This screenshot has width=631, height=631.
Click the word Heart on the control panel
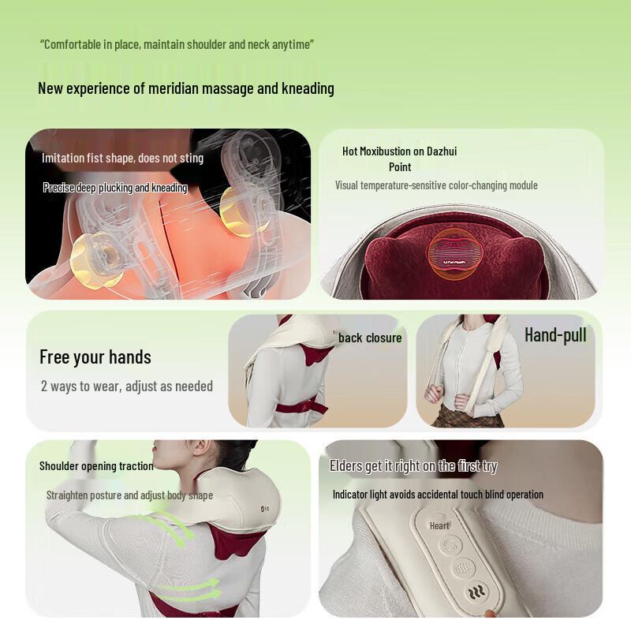coord(439,525)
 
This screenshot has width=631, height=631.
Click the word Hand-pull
coord(555,335)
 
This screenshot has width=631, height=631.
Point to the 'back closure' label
coord(370,338)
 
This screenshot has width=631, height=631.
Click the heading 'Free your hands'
coord(95,357)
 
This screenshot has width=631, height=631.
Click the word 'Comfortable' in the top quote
coord(72,43)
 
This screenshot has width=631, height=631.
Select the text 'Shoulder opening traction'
coord(96,465)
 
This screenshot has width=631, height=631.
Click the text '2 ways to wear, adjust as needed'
coord(126,386)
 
